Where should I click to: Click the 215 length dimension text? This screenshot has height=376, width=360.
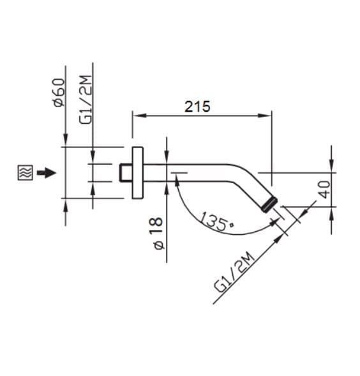click(197, 107)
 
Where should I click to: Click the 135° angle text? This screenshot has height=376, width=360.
click(216, 221)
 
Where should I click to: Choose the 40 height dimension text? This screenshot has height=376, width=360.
click(325, 190)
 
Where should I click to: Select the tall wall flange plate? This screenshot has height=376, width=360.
click(137, 172)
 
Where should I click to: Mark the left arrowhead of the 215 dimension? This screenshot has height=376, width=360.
click(136, 116)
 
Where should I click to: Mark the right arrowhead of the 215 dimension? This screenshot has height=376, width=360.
click(267, 116)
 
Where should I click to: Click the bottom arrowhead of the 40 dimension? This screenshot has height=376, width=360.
click(331, 209)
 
